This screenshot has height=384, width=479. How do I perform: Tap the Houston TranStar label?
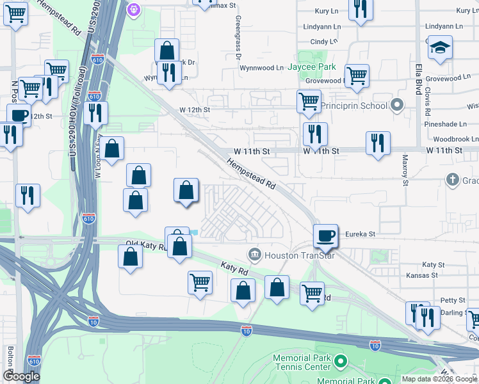(x=290, y=255)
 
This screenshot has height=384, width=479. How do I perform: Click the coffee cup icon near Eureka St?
(x=326, y=236)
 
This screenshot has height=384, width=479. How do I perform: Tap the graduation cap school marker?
(x=440, y=48)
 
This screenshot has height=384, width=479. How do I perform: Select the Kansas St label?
(x=422, y=275)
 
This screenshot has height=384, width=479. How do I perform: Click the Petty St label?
(x=452, y=300)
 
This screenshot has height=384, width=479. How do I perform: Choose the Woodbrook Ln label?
(x=455, y=139)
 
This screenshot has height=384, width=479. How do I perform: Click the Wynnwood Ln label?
(x=261, y=68)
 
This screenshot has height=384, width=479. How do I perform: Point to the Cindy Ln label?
(x=323, y=42)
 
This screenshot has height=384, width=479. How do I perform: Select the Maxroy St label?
(x=405, y=170)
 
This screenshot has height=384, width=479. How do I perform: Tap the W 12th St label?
(x=195, y=110)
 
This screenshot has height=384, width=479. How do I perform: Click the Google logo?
(x=21, y=376)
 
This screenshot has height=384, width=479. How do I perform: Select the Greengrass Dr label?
(x=238, y=38)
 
